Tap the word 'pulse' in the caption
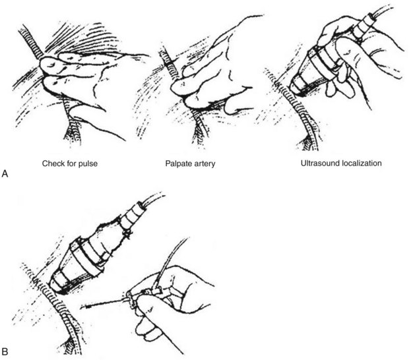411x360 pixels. point(88,164)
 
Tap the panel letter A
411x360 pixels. point(5,173)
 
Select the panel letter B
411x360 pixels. point(5,351)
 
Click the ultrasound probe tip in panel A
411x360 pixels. point(296,90)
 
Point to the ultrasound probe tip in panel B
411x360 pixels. point(56,286)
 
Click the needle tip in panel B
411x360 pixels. point(81,306)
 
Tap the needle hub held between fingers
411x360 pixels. point(133,299)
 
